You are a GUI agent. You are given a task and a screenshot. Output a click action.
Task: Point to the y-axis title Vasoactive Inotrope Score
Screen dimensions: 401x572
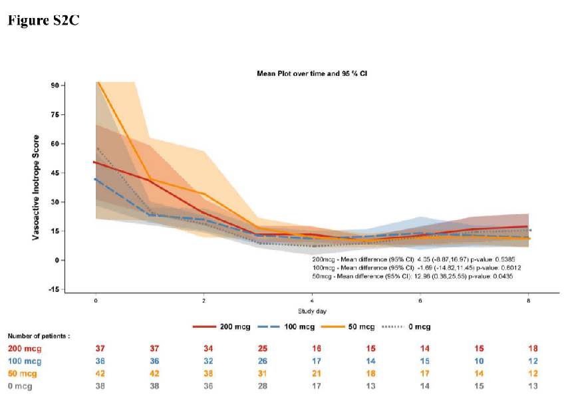(38, 188)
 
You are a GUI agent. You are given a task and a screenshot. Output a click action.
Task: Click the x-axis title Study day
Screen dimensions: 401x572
(312, 310)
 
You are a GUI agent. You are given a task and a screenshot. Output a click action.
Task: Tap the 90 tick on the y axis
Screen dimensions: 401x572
(55, 86)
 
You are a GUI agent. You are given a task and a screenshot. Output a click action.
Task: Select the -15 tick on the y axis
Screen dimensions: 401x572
(53, 289)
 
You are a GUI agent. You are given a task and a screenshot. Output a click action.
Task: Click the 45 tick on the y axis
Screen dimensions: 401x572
(55, 173)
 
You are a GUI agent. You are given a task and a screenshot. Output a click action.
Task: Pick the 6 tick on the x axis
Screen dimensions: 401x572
(420, 301)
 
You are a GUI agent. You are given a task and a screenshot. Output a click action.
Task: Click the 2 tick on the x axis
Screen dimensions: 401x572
(204, 301)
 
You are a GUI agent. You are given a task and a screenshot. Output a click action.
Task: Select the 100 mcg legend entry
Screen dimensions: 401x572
(299, 327)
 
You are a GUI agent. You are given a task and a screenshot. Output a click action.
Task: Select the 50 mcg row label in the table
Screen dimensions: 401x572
(23, 373)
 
